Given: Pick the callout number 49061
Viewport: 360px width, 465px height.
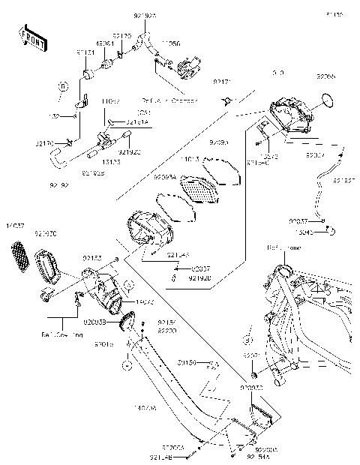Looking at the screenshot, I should coord(105,43).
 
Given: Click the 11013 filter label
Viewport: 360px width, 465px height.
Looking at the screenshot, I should coord(190,159).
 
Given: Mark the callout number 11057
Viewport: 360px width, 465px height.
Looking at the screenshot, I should coord(112,100).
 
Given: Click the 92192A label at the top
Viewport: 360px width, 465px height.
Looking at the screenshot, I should coord(145,14).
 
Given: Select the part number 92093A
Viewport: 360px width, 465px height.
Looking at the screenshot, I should coord(164,177).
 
